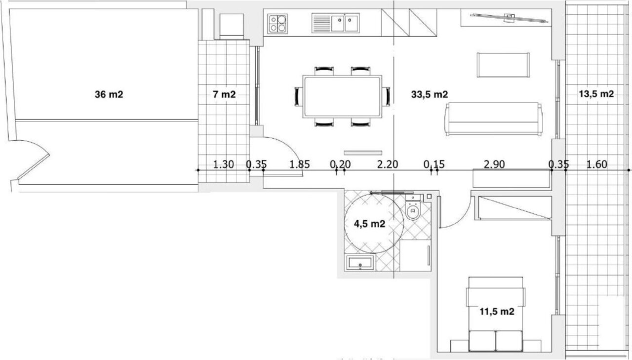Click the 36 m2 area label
[x=109, y=94]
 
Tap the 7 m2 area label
[x=224, y=94]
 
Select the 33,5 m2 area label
[x=430, y=94]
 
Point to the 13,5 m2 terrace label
[x=596, y=94]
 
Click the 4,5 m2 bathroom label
[x=369, y=224]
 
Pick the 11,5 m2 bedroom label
[x=497, y=312]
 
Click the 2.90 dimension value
[x=494, y=164]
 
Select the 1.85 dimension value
[x=300, y=164]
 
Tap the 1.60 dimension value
[x=597, y=164]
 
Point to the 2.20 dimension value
[x=388, y=164]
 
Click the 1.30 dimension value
[x=223, y=164]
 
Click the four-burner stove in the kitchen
[x=277, y=23]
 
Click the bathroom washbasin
[x=360, y=262]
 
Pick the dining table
[x=342, y=96]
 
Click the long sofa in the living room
[x=493, y=119]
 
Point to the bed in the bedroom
[x=496, y=314]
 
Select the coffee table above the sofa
[x=503, y=65]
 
